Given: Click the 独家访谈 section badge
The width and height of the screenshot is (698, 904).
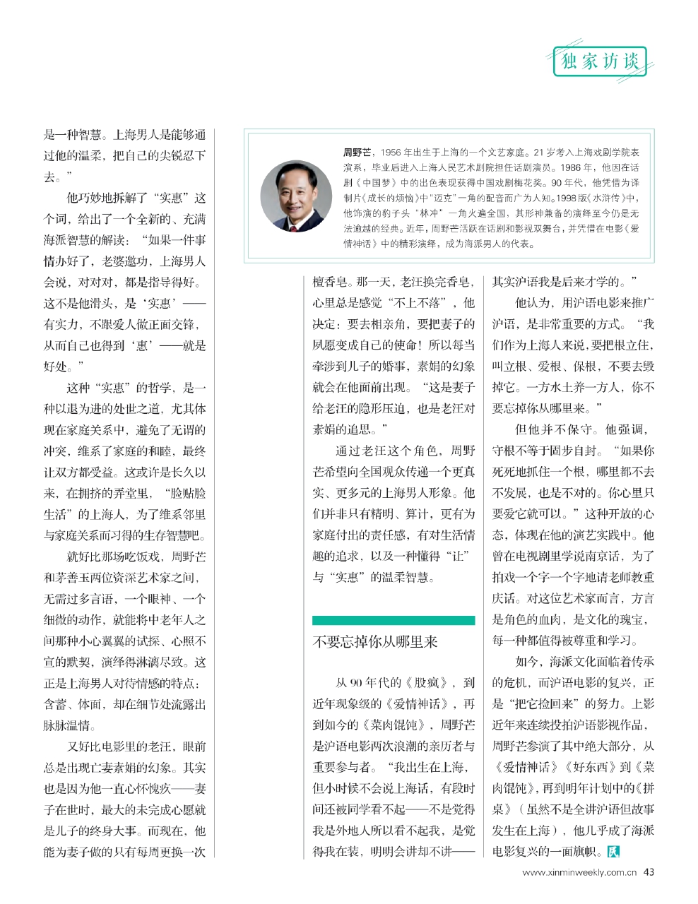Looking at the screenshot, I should tap(600, 61).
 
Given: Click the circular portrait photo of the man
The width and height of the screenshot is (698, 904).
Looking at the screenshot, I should tap(296, 197).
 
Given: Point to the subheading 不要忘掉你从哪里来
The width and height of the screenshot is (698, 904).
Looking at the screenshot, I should tap(375, 641).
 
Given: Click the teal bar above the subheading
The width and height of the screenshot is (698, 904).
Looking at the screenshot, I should tap(394, 620).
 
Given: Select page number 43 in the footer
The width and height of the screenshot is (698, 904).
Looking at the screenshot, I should tap(649, 872).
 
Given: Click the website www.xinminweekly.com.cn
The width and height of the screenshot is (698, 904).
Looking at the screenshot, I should tap(580, 872).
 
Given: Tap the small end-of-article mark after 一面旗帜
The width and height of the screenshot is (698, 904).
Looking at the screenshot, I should tap(613, 852).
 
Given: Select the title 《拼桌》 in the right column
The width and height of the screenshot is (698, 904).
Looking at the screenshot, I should tap(643, 788).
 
